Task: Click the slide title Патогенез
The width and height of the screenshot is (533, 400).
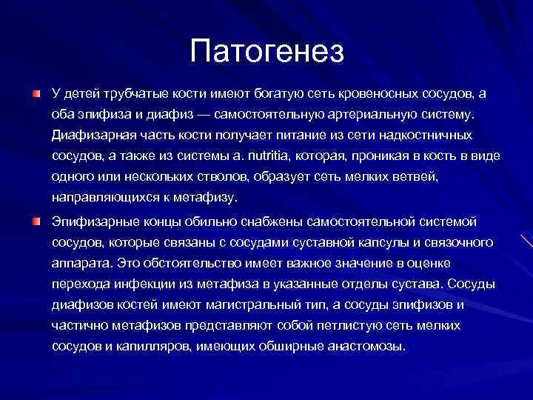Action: [x=266, y=51]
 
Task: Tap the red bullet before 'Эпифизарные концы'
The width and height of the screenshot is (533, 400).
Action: [x=36, y=221]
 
